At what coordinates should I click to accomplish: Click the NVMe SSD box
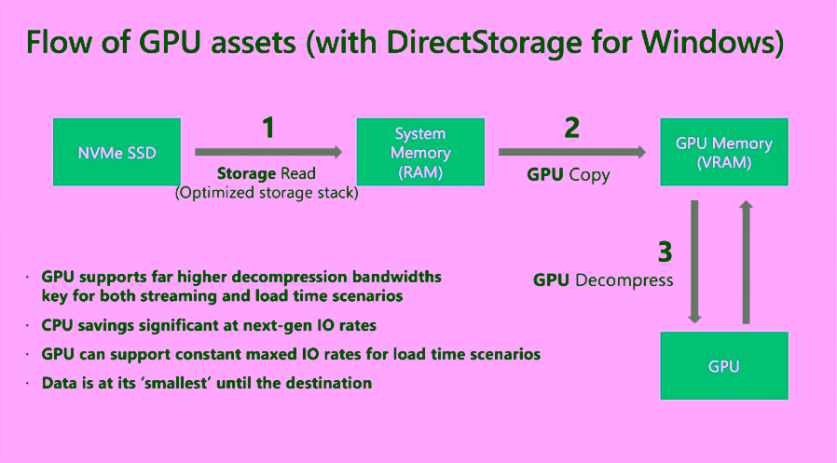pos(117,152)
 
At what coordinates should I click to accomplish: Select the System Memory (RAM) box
pos(420,152)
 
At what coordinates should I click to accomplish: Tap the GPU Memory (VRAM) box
pos(724,152)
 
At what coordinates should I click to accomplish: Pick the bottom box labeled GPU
pos(724,365)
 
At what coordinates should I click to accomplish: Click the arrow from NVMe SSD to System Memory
pos(268,152)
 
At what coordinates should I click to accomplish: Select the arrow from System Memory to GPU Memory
pos(572,152)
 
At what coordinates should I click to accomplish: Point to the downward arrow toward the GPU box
pos(694,262)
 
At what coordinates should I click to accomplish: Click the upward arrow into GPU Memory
pos(747,262)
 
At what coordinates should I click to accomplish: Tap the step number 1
pos(268,128)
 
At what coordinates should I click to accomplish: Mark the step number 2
pos(572,128)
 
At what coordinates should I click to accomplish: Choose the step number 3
pos(665,252)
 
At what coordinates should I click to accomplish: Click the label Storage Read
pos(267,173)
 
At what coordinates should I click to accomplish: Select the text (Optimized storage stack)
pos(267,193)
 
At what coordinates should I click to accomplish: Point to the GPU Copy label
pos(569,175)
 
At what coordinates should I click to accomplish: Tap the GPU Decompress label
pos(603,280)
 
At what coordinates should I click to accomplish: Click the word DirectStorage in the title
pos(484,42)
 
